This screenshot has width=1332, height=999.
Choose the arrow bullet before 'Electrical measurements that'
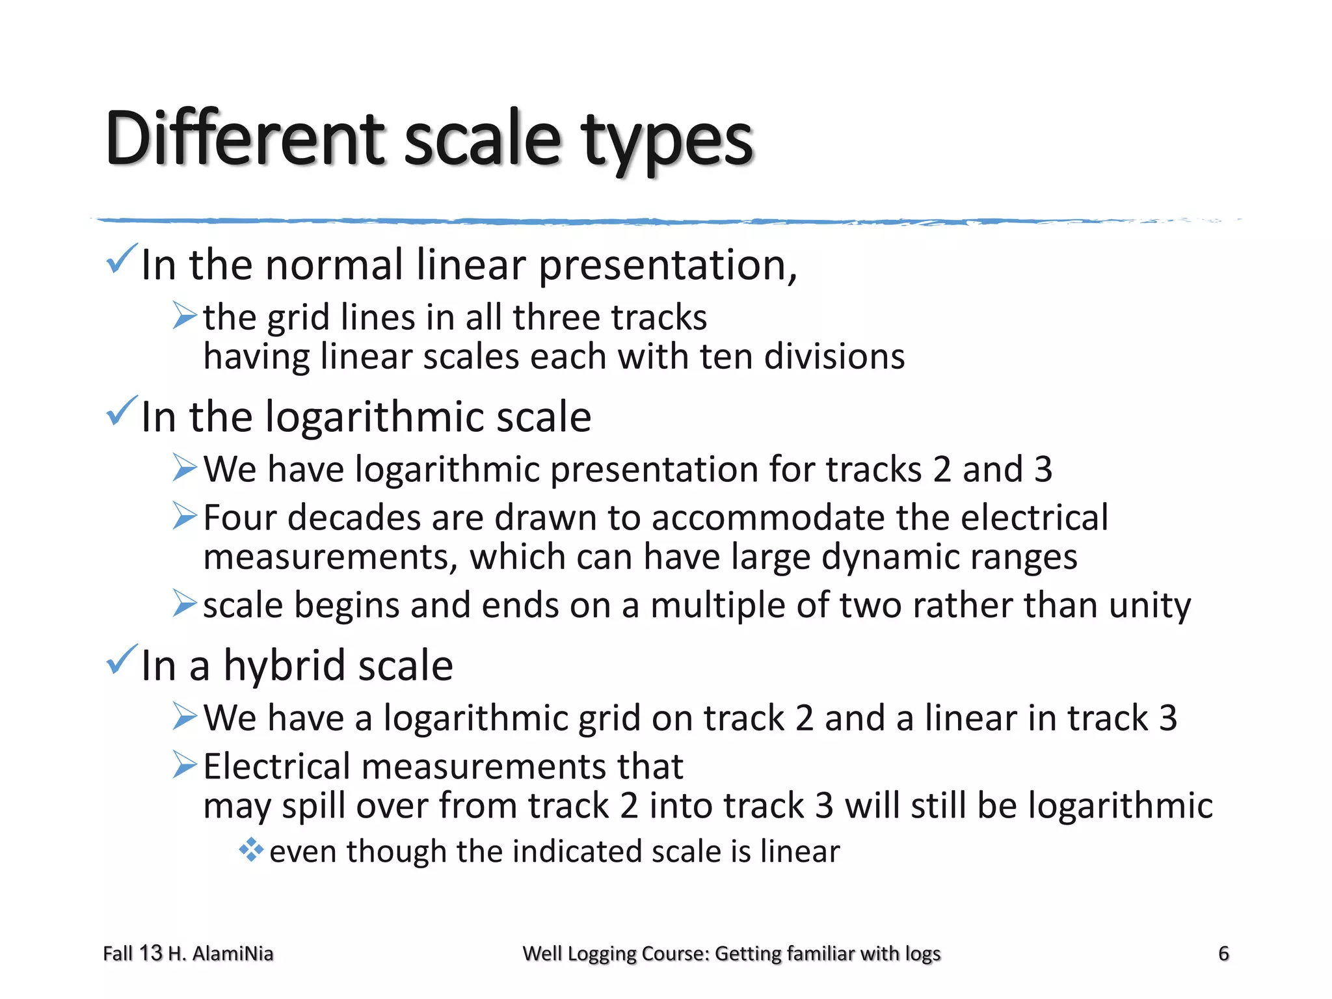tap(185, 765)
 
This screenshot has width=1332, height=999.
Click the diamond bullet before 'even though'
tap(250, 849)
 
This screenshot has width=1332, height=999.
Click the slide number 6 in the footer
tap(1223, 953)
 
